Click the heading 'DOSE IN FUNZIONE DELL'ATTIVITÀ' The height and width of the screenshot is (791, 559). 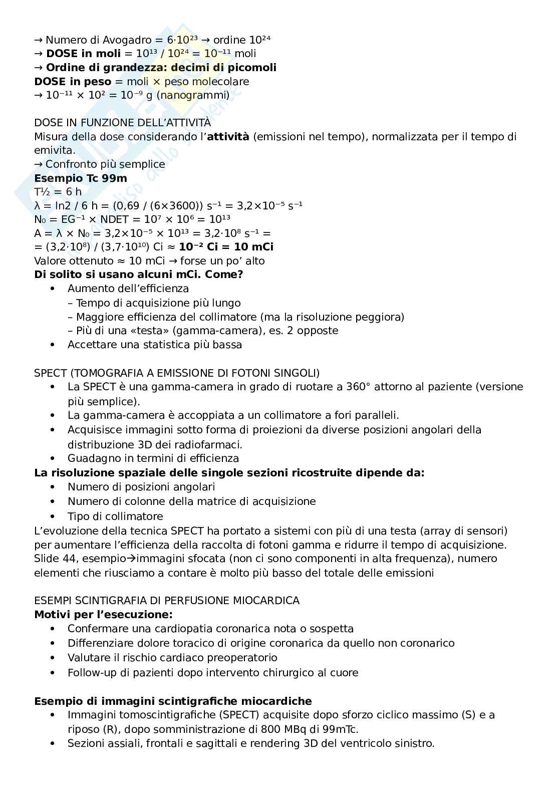point(122,123)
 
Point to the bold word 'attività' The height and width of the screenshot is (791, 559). point(228,137)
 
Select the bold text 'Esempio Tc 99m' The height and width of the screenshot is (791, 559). point(80,178)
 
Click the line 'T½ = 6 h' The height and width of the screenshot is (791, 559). point(58,192)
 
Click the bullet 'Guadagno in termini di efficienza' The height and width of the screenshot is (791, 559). point(153,458)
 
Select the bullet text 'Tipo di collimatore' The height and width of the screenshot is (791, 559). point(115,516)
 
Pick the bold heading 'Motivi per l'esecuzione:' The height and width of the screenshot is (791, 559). point(103,615)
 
